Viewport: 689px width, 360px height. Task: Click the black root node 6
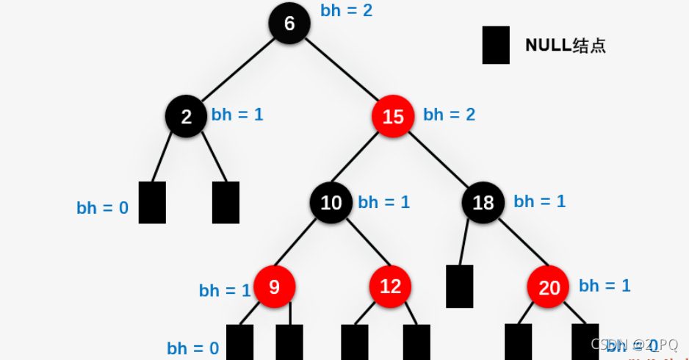click(289, 24)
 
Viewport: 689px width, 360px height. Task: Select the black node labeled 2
click(186, 116)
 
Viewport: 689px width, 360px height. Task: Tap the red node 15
click(393, 116)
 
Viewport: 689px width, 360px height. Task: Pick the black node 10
click(331, 202)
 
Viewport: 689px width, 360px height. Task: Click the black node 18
click(483, 202)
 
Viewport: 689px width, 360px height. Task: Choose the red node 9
click(274, 287)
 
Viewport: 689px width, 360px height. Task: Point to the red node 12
click(390, 287)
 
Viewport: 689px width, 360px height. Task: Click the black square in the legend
click(496, 46)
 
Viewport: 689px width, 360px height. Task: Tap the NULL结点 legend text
click(565, 45)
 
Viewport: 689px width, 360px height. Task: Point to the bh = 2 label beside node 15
click(449, 115)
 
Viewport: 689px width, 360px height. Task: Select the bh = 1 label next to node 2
click(237, 115)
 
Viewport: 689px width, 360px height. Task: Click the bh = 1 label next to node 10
click(383, 202)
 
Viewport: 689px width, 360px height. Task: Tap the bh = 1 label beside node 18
click(540, 201)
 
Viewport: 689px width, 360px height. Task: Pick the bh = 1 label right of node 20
click(605, 286)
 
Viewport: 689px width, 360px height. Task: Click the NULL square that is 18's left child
click(460, 286)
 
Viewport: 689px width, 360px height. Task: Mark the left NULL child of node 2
click(152, 202)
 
